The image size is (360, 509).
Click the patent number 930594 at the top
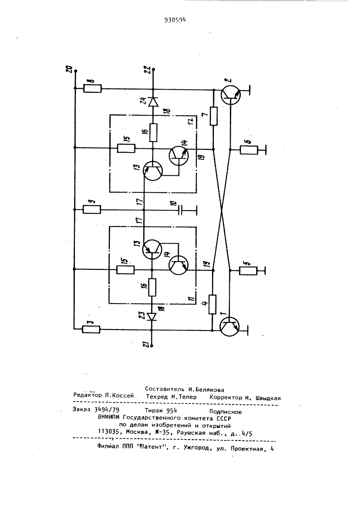(x=175, y=20)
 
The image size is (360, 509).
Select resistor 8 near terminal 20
(x=92, y=89)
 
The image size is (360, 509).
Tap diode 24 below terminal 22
(x=153, y=102)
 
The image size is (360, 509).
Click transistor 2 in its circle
(x=230, y=95)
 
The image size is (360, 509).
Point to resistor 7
(x=213, y=116)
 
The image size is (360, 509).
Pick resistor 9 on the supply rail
(x=91, y=210)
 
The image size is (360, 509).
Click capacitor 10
(x=181, y=210)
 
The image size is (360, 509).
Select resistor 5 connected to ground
(x=248, y=271)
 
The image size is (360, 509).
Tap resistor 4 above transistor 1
(x=212, y=305)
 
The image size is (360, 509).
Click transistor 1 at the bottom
(x=230, y=327)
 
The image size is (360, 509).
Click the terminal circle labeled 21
(x=152, y=346)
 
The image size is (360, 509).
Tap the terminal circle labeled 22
(x=153, y=69)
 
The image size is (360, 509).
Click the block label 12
(x=192, y=121)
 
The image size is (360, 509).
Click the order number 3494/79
(x=107, y=410)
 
